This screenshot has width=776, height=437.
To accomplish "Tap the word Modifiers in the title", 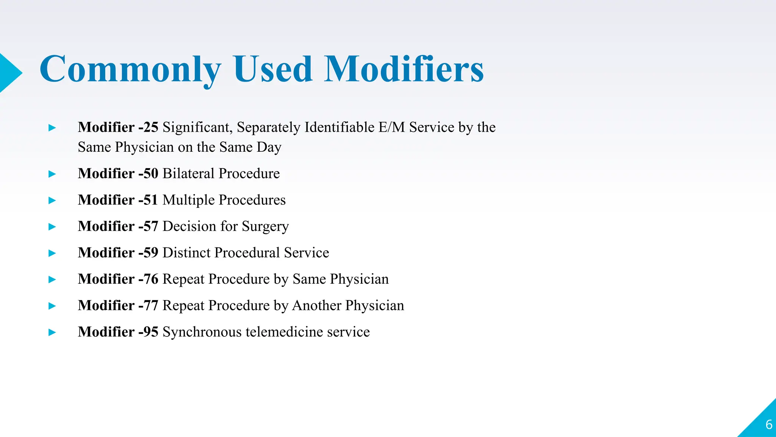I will pos(404,69).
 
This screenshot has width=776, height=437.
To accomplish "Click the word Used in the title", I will pos(273,69).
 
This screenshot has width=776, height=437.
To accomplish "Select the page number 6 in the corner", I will pos(769,424).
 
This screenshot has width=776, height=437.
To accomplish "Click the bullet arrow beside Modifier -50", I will pos(52,174).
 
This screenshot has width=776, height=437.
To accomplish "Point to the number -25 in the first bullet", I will pos(148,127).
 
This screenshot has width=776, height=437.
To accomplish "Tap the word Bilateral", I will pos(188,174).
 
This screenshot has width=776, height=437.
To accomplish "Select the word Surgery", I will pos(265,227).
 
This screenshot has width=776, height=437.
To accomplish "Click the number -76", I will pos(148,279).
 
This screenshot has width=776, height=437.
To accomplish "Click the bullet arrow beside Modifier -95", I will pos(52,333).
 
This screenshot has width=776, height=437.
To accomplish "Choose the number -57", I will pos(148,226).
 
